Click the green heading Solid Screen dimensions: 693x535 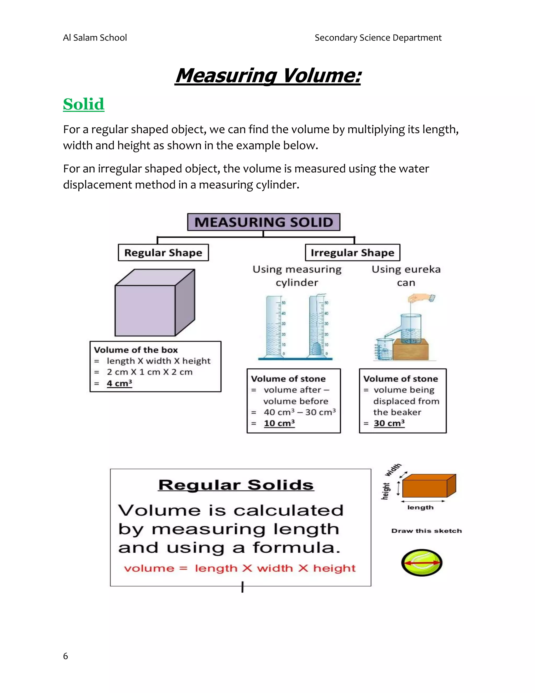84,104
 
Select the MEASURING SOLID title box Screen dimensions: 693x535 264,222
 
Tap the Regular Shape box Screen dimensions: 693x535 163,253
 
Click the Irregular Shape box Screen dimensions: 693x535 352,253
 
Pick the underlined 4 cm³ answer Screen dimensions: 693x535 119,383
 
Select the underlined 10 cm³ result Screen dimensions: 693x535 279,423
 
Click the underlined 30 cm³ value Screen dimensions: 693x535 389,423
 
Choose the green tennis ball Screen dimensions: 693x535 422,563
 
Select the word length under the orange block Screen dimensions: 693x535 420,507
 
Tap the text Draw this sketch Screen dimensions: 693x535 426,531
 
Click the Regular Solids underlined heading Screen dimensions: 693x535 236,485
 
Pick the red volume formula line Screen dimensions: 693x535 240,568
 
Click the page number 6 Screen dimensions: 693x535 65,656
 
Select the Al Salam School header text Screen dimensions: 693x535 95,38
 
